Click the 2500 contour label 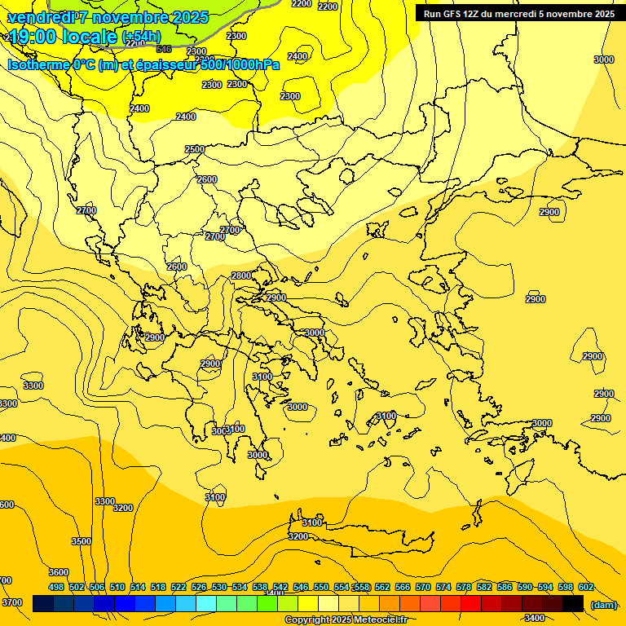click(x=195, y=149)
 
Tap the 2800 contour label click(x=241, y=276)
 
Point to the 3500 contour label click(x=82, y=541)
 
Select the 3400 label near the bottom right click(x=535, y=618)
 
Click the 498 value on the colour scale click(x=56, y=587)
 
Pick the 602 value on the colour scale click(x=586, y=587)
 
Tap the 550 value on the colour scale click(x=321, y=587)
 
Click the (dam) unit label click(x=604, y=604)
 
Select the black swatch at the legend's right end click(x=573, y=603)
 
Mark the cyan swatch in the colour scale click(x=206, y=603)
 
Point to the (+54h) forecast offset click(x=141, y=37)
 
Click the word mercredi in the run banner click(x=516, y=14)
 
